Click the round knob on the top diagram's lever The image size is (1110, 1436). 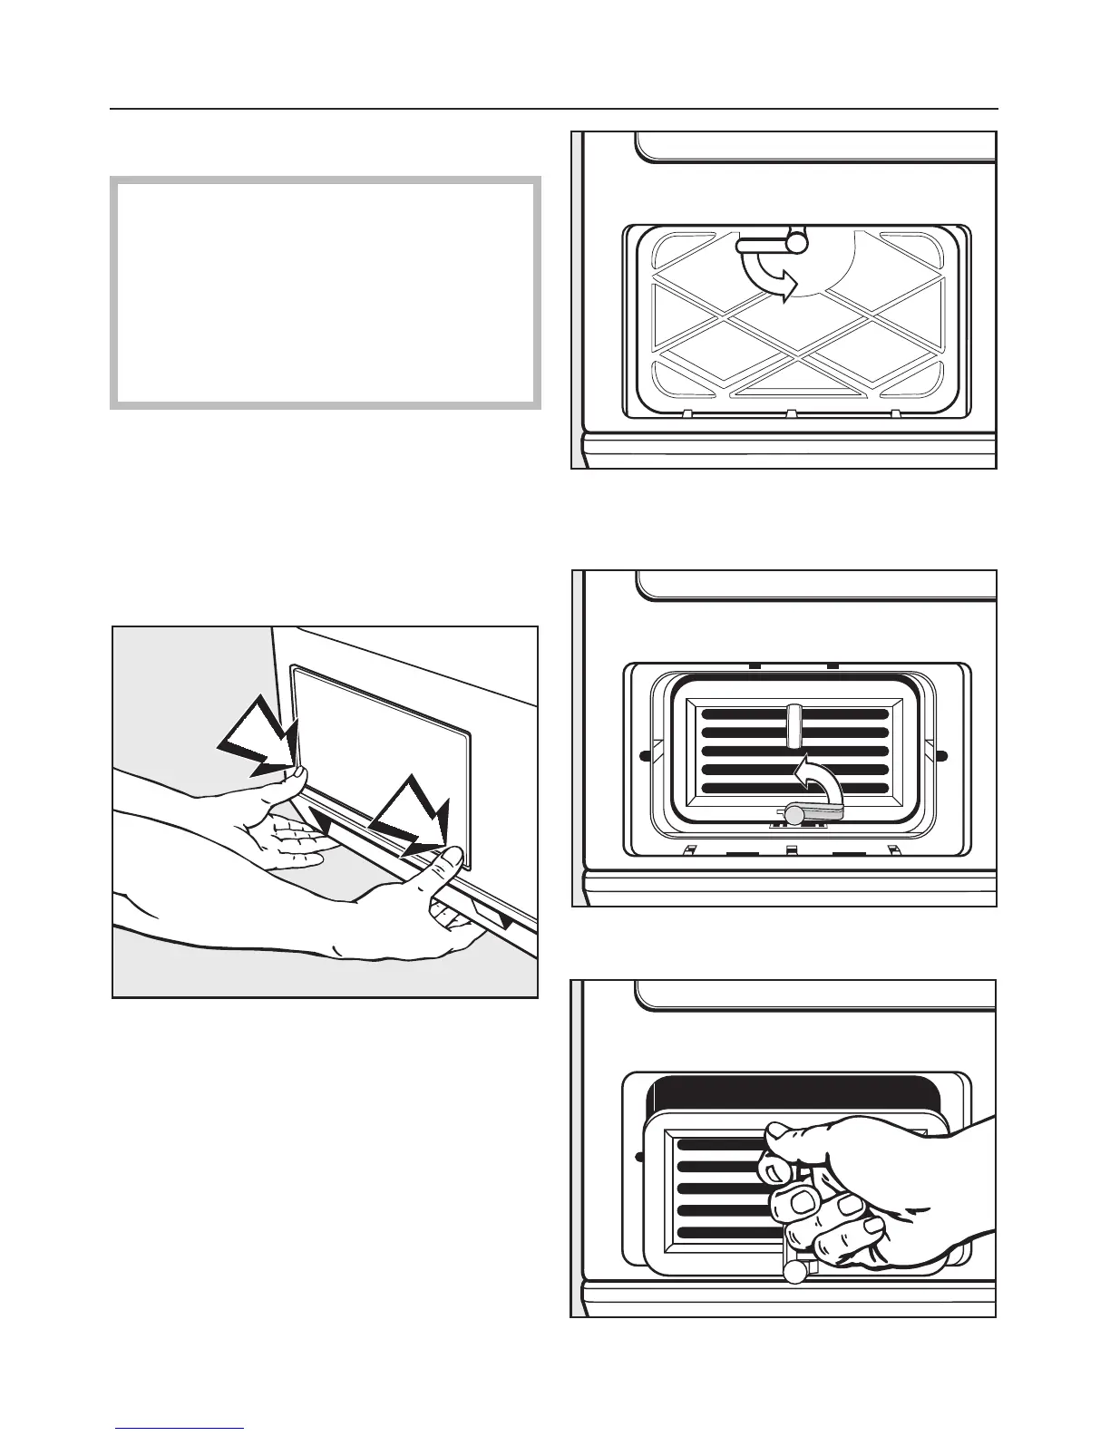[795, 244]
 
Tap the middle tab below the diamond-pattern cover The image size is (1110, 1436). [791, 414]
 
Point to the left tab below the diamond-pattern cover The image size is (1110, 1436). [686, 414]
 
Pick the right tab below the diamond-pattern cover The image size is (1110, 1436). [896, 414]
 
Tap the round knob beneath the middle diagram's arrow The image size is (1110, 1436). [794, 815]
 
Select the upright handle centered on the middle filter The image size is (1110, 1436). [794, 723]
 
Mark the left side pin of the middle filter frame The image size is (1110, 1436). [644, 755]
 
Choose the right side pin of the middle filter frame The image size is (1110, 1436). [941, 755]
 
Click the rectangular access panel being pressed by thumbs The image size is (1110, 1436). [381, 716]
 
